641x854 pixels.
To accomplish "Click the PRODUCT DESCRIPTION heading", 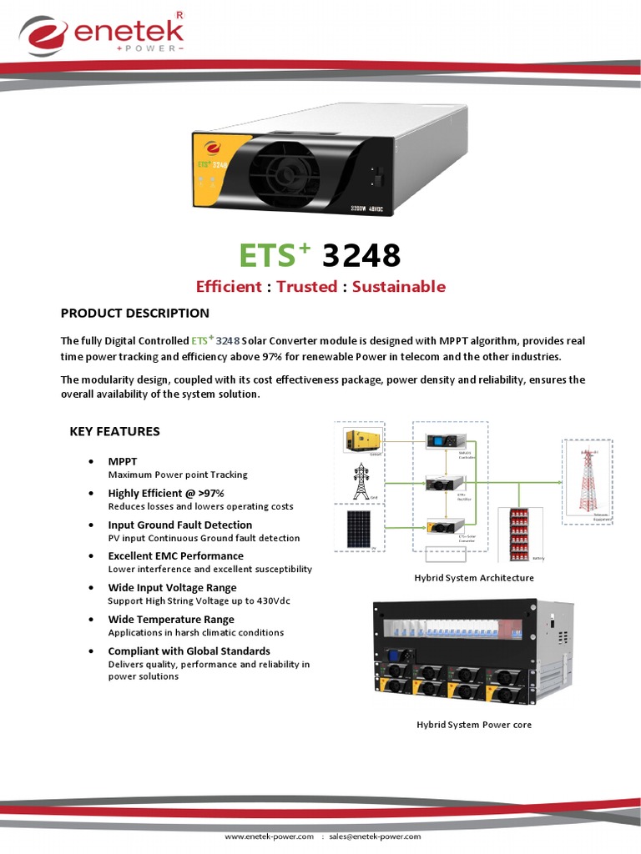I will pos(135,314).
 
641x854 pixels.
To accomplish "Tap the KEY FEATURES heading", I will pos(114,432).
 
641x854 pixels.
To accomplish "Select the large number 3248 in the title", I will pos(361,255).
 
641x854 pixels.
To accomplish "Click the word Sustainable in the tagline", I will pos(399,287).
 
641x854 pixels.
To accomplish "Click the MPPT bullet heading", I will pos(123,461).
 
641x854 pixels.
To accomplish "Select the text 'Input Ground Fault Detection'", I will pos(180,525).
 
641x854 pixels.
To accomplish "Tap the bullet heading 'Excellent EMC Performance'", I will pos(176,555).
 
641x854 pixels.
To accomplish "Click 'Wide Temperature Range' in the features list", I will pos(171,620).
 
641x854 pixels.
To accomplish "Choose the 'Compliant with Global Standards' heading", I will pos(189,651).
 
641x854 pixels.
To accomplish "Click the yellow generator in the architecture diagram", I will pos(365,440).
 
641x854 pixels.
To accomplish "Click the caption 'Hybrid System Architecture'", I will pos(474,578).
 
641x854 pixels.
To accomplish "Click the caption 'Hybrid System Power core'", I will pos(474,725).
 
